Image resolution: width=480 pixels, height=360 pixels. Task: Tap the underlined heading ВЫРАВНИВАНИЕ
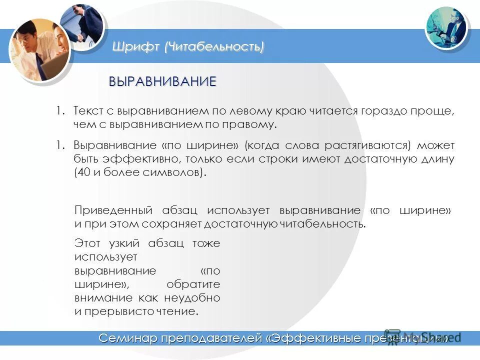(x=163, y=81)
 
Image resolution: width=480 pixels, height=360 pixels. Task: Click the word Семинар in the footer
(x=127, y=338)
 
